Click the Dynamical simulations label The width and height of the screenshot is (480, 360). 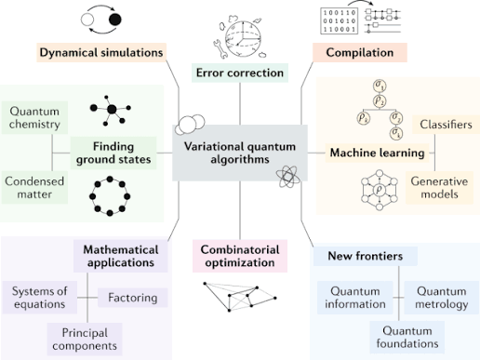tap(101, 52)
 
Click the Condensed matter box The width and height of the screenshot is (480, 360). tap(33, 187)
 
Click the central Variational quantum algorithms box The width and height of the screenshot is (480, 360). tap(240, 151)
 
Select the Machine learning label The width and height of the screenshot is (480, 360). tap(368, 152)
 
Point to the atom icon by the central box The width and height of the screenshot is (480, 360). tap(286, 180)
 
